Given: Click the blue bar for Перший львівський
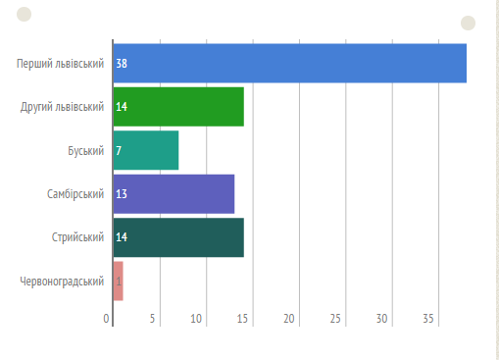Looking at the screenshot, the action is pyautogui.click(x=290, y=63).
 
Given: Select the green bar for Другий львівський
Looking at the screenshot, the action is pyautogui.click(x=178, y=107).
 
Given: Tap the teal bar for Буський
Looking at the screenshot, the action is pyautogui.click(x=146, y=150).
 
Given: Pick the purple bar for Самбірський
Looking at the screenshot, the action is pyautogui.click(x=174, y=194).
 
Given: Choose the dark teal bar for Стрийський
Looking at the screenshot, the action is pyautogui.click(x=178, y=237).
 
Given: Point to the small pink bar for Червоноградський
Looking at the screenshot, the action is pyautogui.click(x=118, y=281).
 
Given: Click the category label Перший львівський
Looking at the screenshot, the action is pyautogui.click(x=60, y=64).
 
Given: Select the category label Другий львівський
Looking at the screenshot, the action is pyautogui.click(x=62, y=107).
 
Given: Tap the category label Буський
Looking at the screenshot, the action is pyautogui.click(x=85, y=151).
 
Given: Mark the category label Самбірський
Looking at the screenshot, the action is pyautogui.click(x=75, y=194).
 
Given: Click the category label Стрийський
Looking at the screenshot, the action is pyautogui.click(x=77, y=237).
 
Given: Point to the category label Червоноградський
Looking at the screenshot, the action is pyautogui.click(x=62, y=282).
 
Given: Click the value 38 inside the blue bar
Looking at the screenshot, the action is pyautogui.click(x=122, y=64).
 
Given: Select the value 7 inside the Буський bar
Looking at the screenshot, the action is pyautogui.click(x=119, y=151).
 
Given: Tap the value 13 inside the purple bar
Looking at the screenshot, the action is pyautogui.click(x=122, y=194).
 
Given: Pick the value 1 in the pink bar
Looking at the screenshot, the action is pyautogui.click(x=119, y=282).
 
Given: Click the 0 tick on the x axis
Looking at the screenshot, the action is pyautogui.click(x=106, y=319).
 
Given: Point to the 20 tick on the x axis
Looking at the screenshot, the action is pyautogui.click(x=289, y=319).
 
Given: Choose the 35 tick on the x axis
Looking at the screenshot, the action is pyautogui.click(x=428, y=319).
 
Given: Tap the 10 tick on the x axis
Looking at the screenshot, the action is pyautogui.click(x=196, y=319).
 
